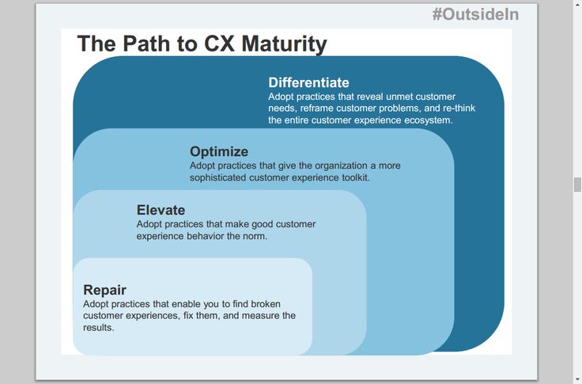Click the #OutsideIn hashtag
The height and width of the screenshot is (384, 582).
tap(475, 14)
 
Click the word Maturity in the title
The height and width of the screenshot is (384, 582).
tap(285, 44)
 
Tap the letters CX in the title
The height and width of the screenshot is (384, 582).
tap(219, 44)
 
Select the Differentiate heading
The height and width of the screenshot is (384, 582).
tap(309, 82)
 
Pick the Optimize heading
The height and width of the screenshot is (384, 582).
tap(219, 152)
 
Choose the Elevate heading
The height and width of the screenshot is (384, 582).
tap(161, 210)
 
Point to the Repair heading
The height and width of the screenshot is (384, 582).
tap(104, 290)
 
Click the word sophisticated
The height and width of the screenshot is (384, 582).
tap(218, 177)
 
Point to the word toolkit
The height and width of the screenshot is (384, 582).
tap(356, 177)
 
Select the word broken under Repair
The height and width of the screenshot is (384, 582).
tap(266, 304)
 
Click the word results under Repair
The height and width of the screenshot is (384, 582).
tap(98, 328)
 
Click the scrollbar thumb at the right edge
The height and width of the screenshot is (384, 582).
tap(577, 184)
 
